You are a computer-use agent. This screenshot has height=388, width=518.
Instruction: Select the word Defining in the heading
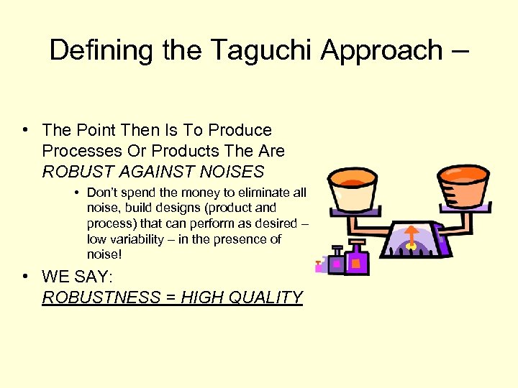tap(92, 50)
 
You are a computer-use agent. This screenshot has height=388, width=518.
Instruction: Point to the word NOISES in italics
tap(233, 172)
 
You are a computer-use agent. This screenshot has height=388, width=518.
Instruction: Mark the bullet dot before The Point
tap(25, 130)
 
